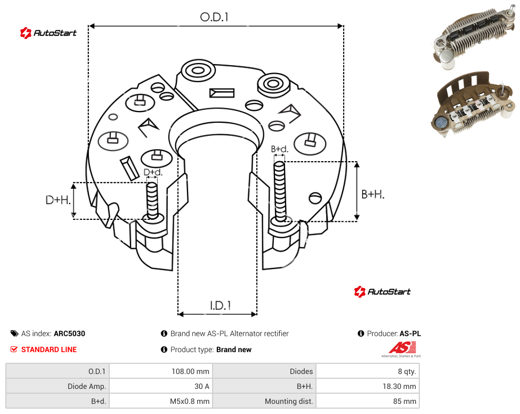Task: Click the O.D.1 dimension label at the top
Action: tap(214, 17)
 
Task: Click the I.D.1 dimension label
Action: tap(221, 306)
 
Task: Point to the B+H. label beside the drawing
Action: tap(373, 194)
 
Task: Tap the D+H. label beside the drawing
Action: tap(58, 200)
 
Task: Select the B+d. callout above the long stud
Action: tap(280, 149)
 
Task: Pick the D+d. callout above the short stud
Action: tap(153, 172)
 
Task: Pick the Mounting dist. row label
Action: tap(289, 401)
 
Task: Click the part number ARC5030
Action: tap(69, 333)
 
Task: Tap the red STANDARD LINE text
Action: tap(49, 349)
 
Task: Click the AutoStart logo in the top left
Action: tap(48, 33)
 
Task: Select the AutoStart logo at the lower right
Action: tap(383, 291)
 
